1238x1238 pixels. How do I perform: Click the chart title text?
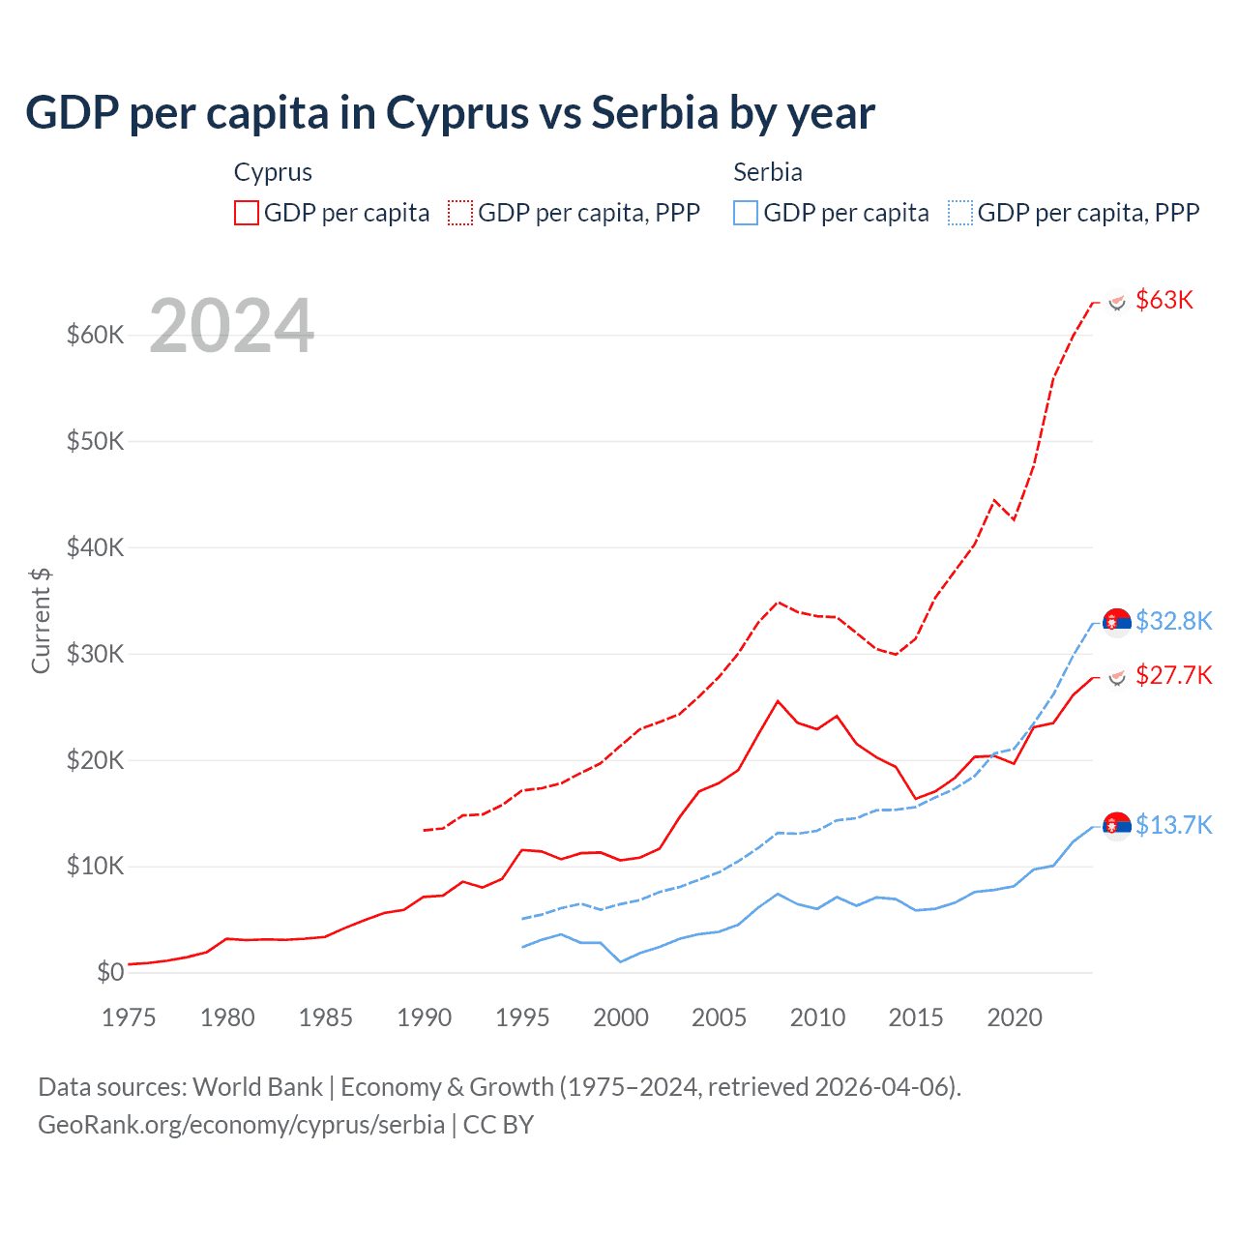pyautogui.click(x=450, y=113)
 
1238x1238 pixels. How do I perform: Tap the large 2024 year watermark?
pyautogui.click(x=232, y=326)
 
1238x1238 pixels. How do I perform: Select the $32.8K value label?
pyautogui.click(x=1173, y=621)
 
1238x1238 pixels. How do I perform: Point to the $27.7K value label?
pyautogui.click(x=1173, y=675)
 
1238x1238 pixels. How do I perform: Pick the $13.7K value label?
pyautogui.click(x=1173, y=825)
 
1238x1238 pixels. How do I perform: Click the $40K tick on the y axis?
pyautogui.click(x=96, y=547)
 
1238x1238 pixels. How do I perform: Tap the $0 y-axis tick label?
pyautogui.click(x=110, y=972)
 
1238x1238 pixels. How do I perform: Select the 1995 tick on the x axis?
pyautogui.click(x=522, y=1017)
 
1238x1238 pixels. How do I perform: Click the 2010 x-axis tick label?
pyautogui.click(x=817, y=1017)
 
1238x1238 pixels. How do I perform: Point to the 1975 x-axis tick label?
pyautogui.click(x=129, y=1017)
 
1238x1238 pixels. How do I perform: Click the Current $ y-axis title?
pyautogui.click(x=41, y=620)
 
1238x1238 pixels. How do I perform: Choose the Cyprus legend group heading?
pyautogui.click(x=273, y=172)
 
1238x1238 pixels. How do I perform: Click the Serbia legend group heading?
pyautogui.click(x=768, y=172)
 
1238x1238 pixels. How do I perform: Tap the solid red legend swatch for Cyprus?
pyautogui.click(x=247, y=213)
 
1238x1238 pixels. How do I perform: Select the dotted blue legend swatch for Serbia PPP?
pyautogui.click(x=960, y=213)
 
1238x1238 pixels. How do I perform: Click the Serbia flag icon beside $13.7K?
pyautogui.click(x=1117, y=825)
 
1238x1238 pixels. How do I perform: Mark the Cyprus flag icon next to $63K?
pyautogui.click(x=1117, y=302)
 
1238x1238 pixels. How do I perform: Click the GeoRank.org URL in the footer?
pyautogui.click(x=241, y=1125)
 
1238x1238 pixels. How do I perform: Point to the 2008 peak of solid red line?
pyautogui.click(x=778, y=701)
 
